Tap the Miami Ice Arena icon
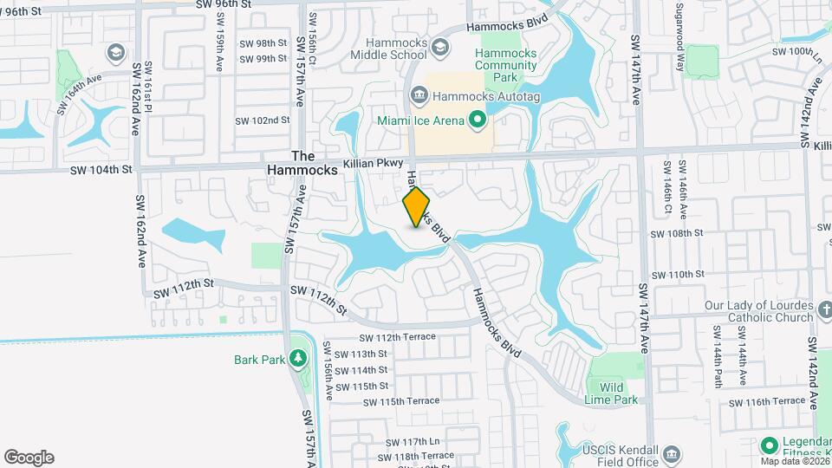coord(476,120)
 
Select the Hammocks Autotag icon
coord(419,94)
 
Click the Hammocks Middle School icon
coord(439,48)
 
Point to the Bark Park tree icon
coord(297,358)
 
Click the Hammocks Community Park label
coord(506,65)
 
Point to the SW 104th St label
coord(102,170)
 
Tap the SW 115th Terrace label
coord(401,401)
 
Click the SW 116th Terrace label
coord(766,401)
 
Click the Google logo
coord(29,458)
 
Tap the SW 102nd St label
coord(263,120)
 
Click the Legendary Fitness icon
coord(767,445)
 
